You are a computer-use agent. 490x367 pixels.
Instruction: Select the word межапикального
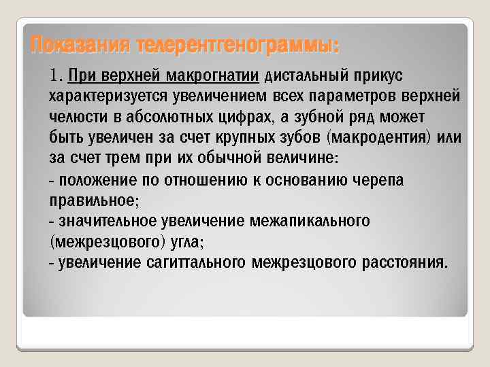(x=309, y=222)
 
